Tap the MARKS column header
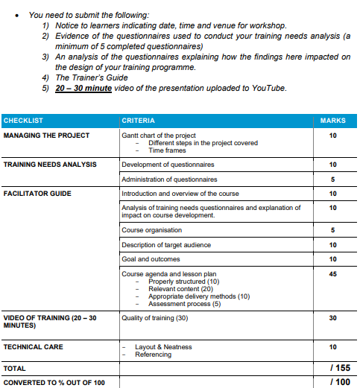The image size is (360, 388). point(332,121)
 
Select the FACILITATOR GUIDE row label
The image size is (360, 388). point(38,194)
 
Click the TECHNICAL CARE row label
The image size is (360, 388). point(33,347)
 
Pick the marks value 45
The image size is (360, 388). point(332,274)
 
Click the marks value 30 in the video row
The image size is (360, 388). point(332,318)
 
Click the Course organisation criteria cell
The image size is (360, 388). point(151,230)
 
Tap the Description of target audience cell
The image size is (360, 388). point(166,245)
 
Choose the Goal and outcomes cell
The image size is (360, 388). point(151,259)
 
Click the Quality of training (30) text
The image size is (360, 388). point(154,318)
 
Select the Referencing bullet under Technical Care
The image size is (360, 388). point(153,354)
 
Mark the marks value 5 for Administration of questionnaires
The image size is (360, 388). point(332,179)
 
